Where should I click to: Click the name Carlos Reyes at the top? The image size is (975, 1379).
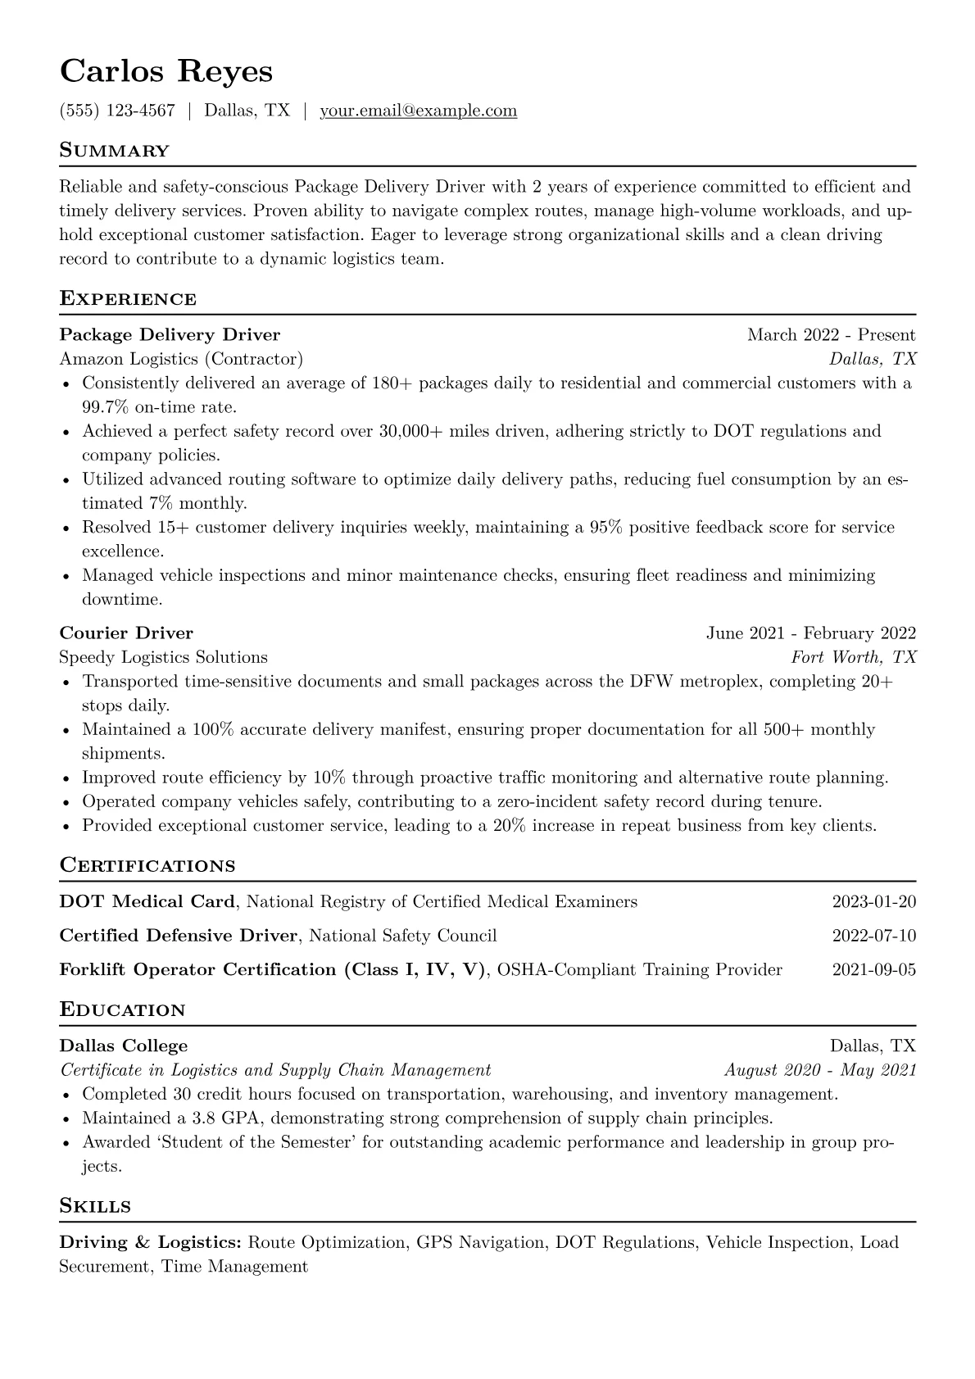click(166, 71)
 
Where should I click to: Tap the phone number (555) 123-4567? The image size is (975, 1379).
click(117, 111)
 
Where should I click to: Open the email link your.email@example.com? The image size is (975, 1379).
click(418, 111)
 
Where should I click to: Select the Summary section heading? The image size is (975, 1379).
click(115, 151)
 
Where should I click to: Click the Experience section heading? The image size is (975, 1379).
click(128, 299)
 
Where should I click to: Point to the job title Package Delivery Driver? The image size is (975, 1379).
click(170, 335)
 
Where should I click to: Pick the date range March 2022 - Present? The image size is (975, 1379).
click(831, 335)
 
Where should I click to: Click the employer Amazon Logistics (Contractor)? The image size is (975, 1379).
click(181, 359)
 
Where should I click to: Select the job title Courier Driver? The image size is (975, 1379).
click(126, 633)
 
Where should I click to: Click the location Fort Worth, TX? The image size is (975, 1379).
click(853, 657)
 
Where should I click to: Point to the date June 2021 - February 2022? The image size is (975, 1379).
click(810, 633)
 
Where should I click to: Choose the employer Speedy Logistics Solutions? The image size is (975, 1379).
click(163, 657)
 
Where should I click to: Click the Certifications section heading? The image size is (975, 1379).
click(147, 866)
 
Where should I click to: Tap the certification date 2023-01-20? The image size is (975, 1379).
click(873, 902)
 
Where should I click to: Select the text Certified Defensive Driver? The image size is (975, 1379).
click(178, 936)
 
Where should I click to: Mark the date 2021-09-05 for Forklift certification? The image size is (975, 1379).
click(873, 970)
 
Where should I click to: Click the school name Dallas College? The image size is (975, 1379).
click(124, 1046)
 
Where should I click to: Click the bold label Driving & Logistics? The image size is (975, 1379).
click(150, 1243)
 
